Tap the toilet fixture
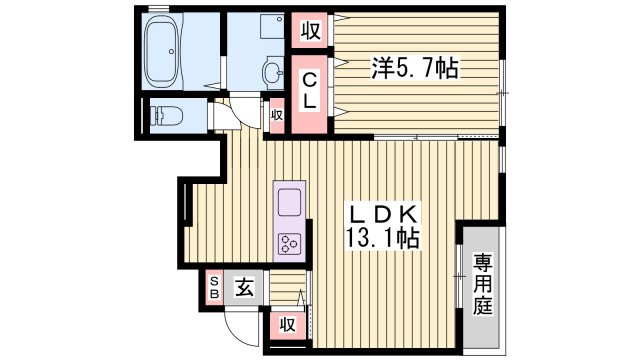[162, 116]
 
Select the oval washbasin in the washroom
[273, 71]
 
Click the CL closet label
[311, 90]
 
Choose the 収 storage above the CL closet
[310, 31]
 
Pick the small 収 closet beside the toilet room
[277, 115]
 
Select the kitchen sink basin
[289, 201]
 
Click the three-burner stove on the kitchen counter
[290, 243]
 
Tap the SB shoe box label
[213, 288]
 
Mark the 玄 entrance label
[243, 288]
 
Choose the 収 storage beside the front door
[288, 324]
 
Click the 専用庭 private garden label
[484, 284]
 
